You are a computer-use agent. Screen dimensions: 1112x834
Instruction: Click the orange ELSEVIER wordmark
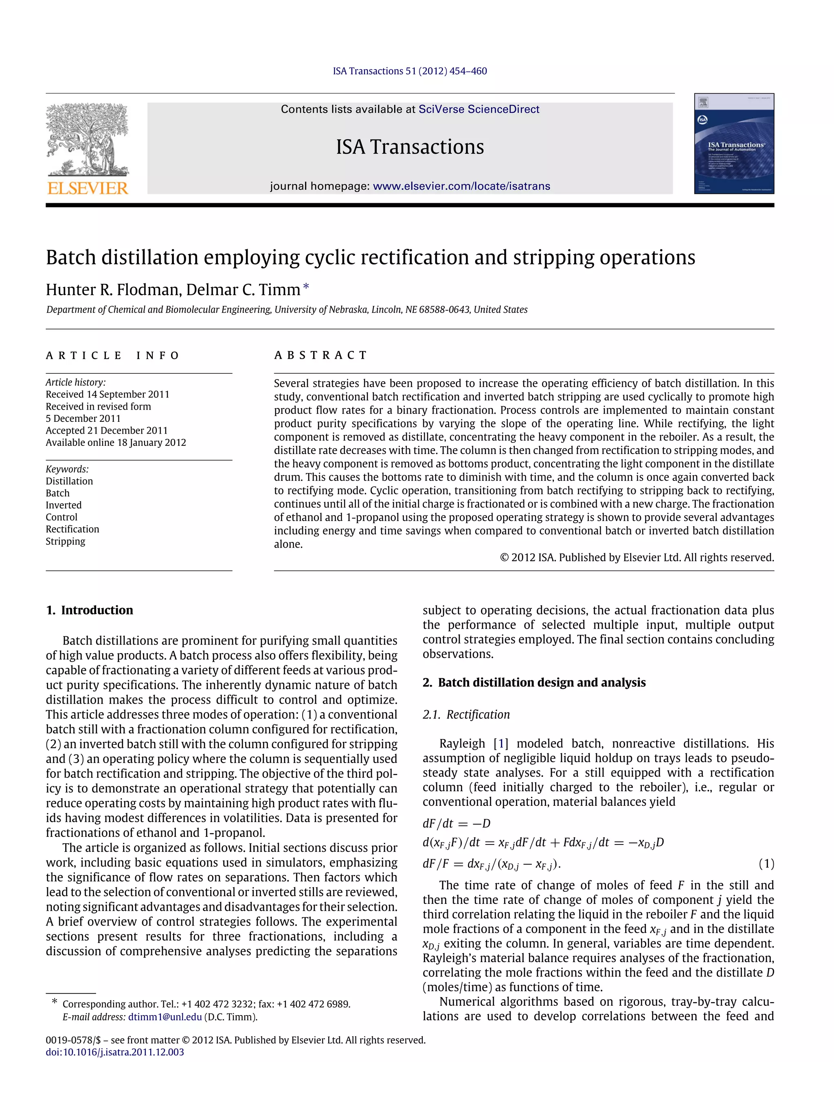88,188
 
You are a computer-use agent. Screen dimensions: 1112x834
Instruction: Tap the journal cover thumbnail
733,143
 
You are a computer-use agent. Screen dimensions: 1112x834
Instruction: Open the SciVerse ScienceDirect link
478,110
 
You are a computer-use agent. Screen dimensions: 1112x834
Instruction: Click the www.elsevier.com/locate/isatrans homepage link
461,186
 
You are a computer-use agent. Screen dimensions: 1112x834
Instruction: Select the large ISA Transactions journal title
410,147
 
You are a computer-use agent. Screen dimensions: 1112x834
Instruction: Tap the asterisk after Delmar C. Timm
306,287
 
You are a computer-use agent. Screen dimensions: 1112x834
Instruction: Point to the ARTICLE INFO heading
113,355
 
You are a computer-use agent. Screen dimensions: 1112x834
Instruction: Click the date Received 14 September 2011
108,394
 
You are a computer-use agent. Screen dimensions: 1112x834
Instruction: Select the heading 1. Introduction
90,610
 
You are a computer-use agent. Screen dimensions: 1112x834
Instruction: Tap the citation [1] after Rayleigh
501,744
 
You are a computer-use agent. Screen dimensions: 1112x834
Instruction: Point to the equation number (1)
766,864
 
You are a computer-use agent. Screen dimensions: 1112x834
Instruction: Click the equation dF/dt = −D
457,823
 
